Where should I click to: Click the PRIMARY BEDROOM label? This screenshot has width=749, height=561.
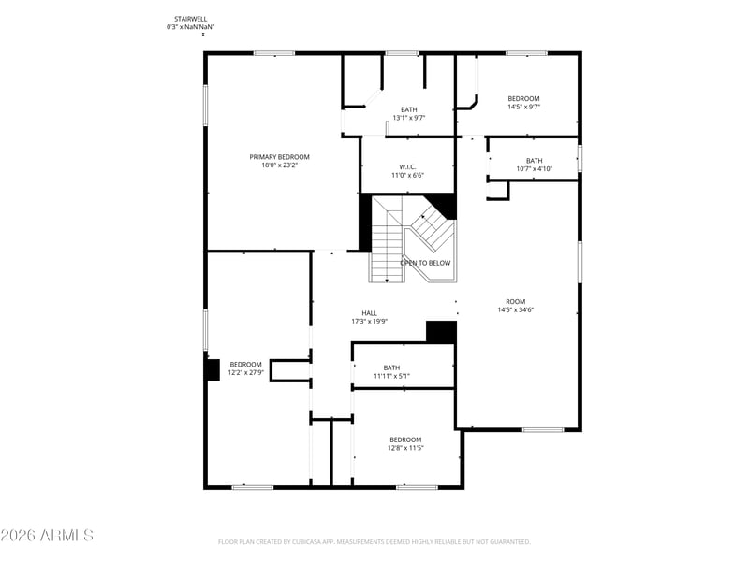tap(279, 157)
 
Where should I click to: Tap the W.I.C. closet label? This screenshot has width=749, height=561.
tap(407, 167)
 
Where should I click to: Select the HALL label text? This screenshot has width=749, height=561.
tap(369, 313)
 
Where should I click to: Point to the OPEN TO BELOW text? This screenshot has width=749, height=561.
tap(425, 263)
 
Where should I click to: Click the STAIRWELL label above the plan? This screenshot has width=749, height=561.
tap(191, 19)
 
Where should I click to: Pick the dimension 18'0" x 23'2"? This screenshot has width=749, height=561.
tap(279, 165)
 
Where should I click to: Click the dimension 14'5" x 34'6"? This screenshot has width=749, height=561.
tap(516, 309)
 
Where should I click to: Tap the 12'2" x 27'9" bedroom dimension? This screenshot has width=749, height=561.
tap(246, 372)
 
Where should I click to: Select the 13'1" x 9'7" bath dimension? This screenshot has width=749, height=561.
tap(409, 118)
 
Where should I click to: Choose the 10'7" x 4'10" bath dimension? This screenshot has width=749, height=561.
tap(535, 169)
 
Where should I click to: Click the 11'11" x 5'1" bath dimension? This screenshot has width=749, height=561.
tap(391, 376)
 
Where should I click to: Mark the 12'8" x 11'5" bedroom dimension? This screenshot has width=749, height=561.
tap(405, 448)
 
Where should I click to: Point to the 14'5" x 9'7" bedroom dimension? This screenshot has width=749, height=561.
tap(523, 107)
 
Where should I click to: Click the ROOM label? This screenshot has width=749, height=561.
tap(516, 301)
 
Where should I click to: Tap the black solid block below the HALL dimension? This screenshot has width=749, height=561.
tap(441, 332)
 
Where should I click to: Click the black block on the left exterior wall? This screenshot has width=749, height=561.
tap(213, 369)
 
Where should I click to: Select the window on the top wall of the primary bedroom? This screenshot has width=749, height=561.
tap(274, 53)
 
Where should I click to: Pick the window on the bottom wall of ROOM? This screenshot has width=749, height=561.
tap(543, 430)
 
